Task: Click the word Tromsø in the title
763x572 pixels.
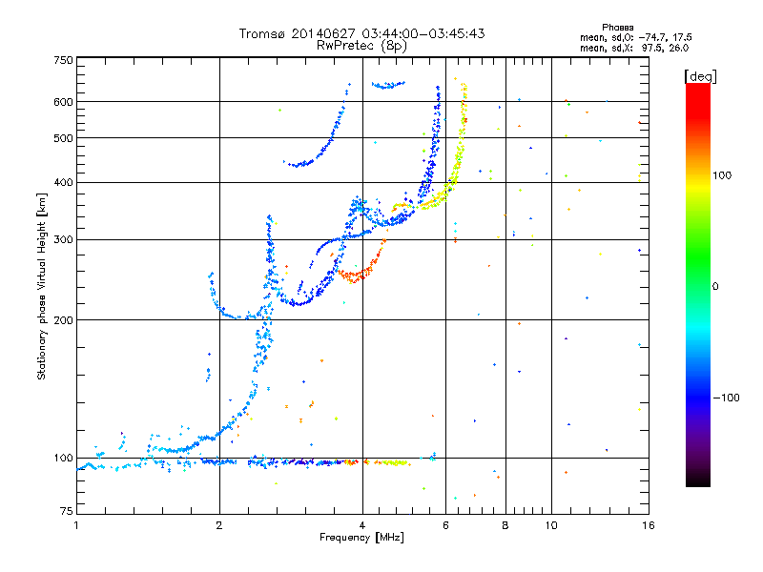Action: (x=262, y=33)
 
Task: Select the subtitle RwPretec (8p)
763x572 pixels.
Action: (x=361, y=46)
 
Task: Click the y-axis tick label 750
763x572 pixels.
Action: (x=63, y=60)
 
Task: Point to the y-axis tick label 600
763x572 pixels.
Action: (x=63, y=102)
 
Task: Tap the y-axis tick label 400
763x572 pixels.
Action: (x=63, y=182)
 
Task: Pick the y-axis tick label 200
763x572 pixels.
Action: (x=63, y=320)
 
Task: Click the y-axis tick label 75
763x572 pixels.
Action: (x=67, y=511)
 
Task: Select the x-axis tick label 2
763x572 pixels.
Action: (x=219, y=525)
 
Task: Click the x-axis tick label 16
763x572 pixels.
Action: (x=649, y=525)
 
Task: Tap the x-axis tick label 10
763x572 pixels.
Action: (x=551, y=525)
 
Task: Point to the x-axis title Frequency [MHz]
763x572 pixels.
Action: (x=361, y=538)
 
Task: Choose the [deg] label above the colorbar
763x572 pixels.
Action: (x=700, y=76)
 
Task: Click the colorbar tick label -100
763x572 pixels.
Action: (x=726, y=398)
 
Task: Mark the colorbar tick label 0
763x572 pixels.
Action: (x=715, y=287)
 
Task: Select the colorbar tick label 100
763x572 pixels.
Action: (x=722, y=175)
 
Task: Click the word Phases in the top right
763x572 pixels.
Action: (x=617, y=28)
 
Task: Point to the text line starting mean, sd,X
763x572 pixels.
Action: (x=634, y=49)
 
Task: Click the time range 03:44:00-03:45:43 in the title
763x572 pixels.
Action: (x=423, y=33)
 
